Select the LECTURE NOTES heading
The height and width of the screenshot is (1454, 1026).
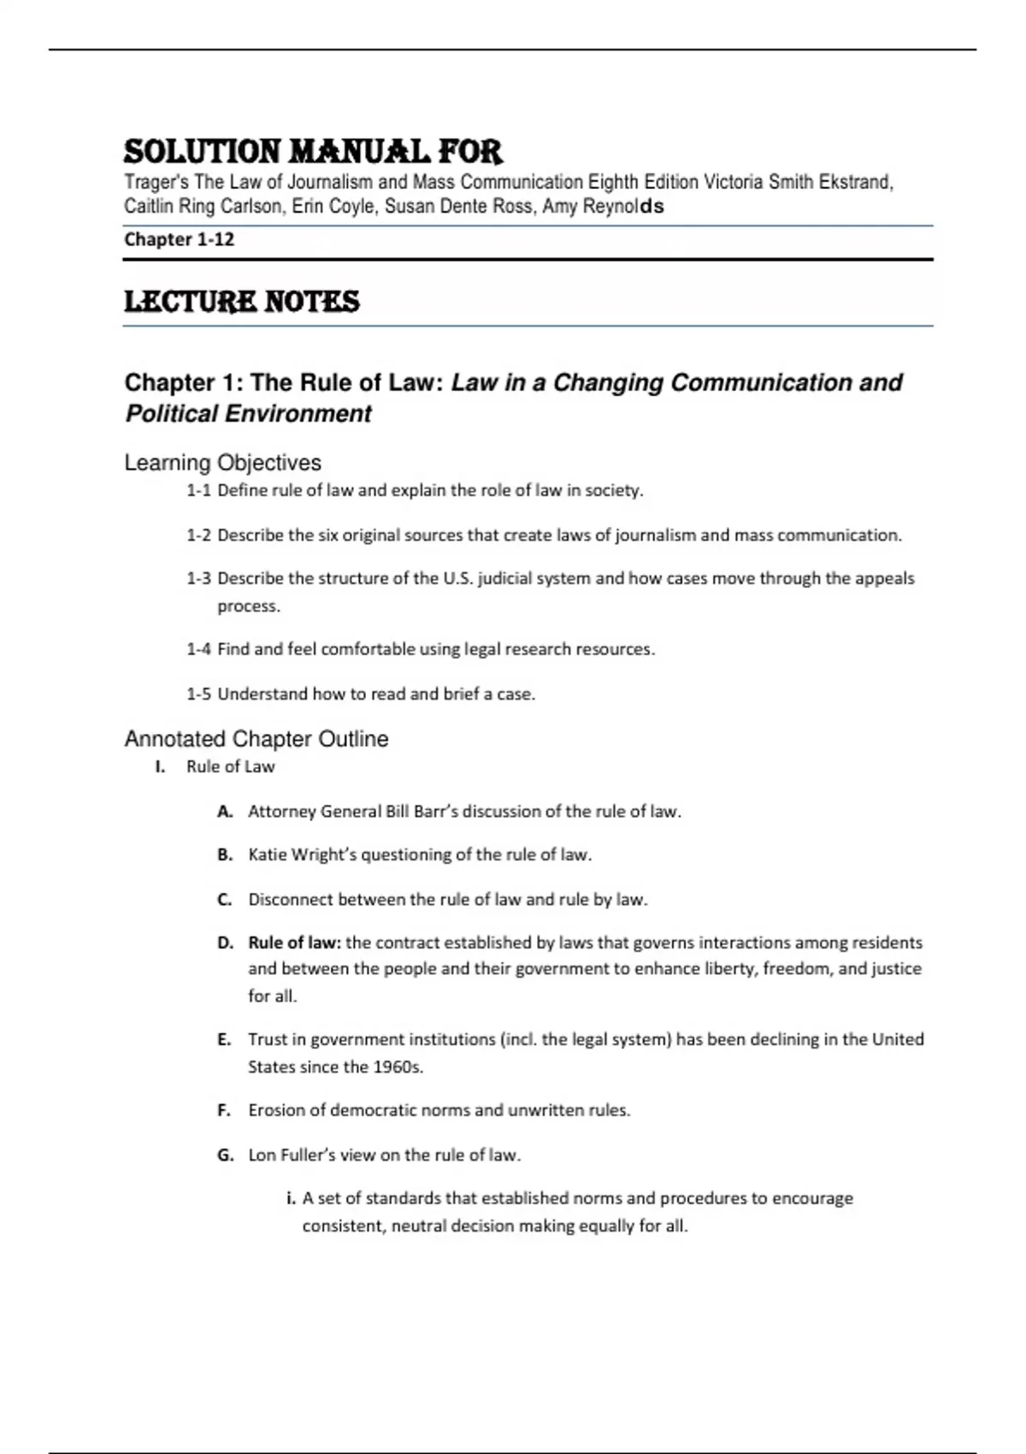click(242, 301)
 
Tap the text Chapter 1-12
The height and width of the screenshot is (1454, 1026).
click(179, 239)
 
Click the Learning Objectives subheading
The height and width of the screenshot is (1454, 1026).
click(222, 463)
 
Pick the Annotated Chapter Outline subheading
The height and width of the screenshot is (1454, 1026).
click(256, 739)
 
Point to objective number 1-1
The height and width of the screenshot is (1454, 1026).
click(198, 491)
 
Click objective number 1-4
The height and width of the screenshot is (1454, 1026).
click(198, 649)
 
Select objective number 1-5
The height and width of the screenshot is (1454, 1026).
click(198, 694)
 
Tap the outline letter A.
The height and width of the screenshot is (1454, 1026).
click(225, 812)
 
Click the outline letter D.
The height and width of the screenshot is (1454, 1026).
click(225, 943)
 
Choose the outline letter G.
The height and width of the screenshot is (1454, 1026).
click(225, 1156)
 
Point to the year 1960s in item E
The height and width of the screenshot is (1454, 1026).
click(398, 1067)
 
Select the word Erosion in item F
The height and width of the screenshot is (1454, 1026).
click(276, 1111)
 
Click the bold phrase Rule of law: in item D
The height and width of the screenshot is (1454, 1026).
click(294, 943)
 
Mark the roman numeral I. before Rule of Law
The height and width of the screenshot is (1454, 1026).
click(160, 767)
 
